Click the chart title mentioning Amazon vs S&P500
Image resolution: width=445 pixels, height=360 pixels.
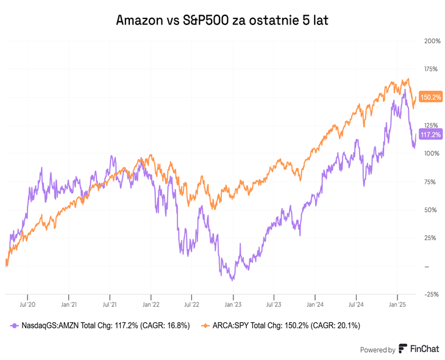[222, 21]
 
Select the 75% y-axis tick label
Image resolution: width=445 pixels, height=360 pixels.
[430, 181]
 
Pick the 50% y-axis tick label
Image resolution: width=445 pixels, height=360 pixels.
[430, 210]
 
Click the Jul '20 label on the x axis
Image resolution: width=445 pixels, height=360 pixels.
[27, 303]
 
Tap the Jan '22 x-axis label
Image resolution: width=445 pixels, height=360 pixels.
[151, 303]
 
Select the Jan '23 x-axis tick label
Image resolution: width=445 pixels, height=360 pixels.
[233, 303]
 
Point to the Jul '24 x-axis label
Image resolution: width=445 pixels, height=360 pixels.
[356, 303]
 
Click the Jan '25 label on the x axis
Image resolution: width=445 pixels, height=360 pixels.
[397, 303]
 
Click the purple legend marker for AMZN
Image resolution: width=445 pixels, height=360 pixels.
[14, 326]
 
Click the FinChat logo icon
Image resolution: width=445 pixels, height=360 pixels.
[403, 349]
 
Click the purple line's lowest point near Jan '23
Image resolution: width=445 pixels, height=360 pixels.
[231, 280]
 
